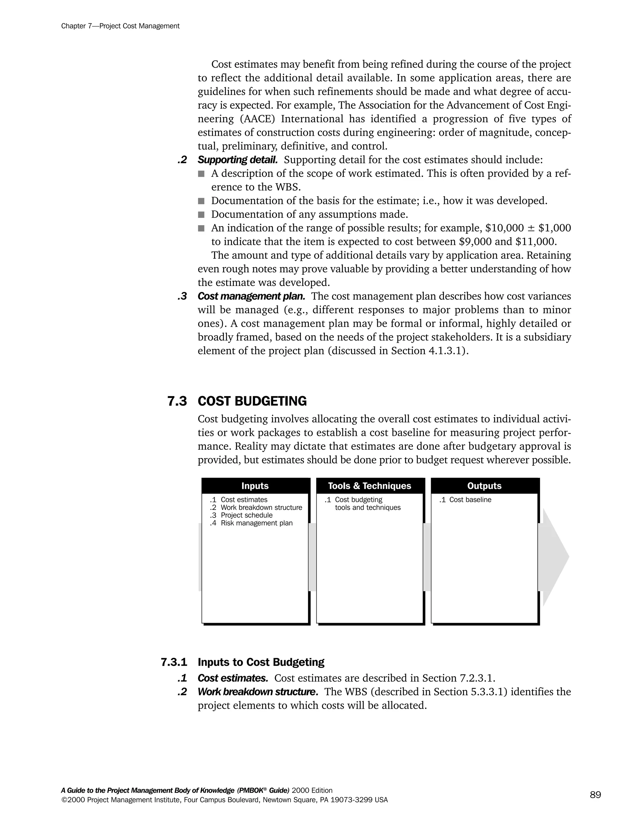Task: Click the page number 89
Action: (595, 795)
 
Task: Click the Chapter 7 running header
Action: (120, 26)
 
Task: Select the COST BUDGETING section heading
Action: (252, 401)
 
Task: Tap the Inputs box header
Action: (255, 486)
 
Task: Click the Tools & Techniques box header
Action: (369, 486)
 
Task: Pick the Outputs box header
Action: (484, 486)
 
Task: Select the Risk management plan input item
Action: (256, 523)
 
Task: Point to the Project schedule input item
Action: (246, 515)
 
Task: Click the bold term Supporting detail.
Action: (237, 160)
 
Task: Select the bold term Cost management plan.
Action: (251, 296)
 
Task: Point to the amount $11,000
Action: (535, 241)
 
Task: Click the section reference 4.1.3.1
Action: (445, 351)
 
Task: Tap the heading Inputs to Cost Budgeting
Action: (261, 662)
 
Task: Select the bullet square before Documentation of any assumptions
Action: (201, 214)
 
